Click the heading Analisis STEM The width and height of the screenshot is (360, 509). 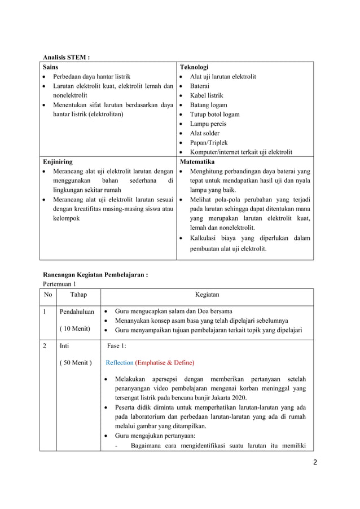pos(67,56)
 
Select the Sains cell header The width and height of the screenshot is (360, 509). pos(51,67)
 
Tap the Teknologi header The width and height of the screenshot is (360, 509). pos(194,67)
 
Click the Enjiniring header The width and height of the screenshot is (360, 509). pos(58,161)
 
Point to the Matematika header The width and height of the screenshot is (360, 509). pos(197,161)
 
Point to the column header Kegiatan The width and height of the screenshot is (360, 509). pos(207,295)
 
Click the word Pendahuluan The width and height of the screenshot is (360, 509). pos(76,311)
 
